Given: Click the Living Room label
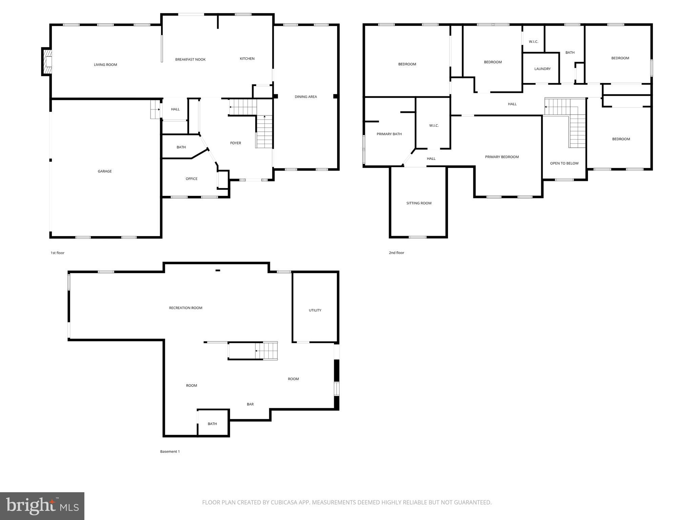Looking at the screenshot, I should [105, 65].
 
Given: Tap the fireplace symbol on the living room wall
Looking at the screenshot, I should [47, 62].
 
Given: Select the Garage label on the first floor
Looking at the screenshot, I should [105, 171].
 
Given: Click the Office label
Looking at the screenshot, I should [191, 179].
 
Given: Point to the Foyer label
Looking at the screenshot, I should [236, 143].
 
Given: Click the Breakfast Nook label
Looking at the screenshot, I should [190, 60].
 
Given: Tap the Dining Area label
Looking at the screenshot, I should [306, 97].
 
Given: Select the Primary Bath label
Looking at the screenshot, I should [389, 134].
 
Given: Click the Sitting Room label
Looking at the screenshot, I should [419, 203].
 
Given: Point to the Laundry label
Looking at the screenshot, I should [542, 69].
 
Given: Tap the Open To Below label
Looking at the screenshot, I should [564, 163].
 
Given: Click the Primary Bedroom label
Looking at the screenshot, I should [502, 157].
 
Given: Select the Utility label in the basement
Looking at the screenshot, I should [315, 310].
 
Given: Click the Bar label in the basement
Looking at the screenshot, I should [250, 404].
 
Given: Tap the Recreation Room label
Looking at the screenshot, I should [186, 308].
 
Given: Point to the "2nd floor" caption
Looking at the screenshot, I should [396, 253].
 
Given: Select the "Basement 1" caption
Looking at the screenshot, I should [170, 452].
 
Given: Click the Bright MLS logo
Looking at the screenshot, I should [42, 506].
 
